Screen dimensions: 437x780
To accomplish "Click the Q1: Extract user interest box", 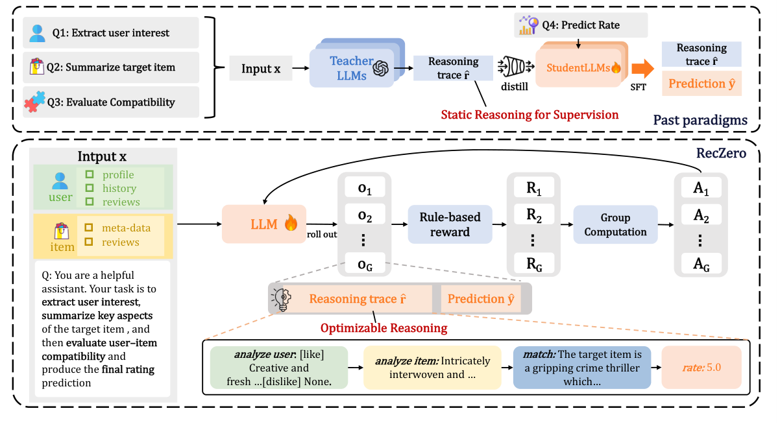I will pos(110,33).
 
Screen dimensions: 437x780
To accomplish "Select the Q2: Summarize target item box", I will pos(110,67).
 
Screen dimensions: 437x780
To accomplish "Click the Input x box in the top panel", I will pos(261,68).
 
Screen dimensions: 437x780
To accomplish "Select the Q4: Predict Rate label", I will pos(581,25).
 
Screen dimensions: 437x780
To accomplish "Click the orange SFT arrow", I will pos(642,67).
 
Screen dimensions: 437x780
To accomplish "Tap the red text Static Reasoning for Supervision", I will pos(530,115).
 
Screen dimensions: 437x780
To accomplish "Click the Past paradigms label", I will pos(709,120).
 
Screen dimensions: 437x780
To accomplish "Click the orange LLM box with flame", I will pos(264,224).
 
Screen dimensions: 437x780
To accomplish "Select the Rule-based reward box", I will pos(449,224).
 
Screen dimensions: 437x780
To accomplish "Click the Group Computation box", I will pos(615,224).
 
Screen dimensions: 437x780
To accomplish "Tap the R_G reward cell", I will pos(533,263).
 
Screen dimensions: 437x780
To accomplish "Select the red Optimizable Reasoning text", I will pos(384,328).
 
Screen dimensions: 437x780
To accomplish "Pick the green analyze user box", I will pos(279,367).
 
